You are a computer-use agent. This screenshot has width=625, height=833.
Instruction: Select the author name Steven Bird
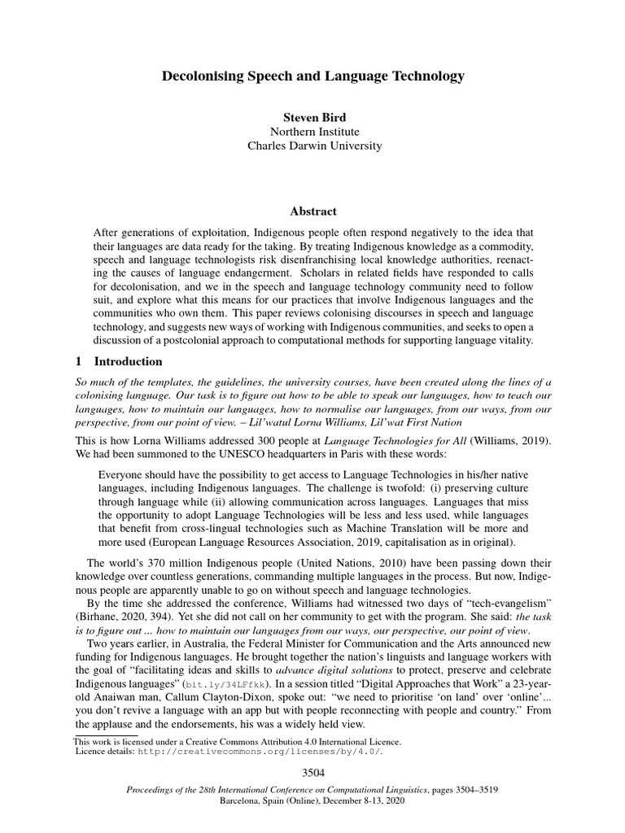point(312,116)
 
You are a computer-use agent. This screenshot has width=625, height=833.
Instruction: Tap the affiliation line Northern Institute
point(312,131)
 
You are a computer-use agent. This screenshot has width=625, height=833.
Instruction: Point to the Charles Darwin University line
point(312,146)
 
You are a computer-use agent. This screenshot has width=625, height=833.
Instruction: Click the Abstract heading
point(312,212)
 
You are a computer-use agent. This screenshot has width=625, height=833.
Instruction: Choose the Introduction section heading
point(129,361)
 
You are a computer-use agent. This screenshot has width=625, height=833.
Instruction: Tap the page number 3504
point(312,770)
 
